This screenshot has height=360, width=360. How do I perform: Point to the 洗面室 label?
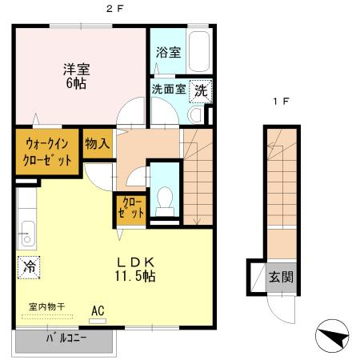[x=169, y=90]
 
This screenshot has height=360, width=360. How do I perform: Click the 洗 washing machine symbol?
[x=202, y=90]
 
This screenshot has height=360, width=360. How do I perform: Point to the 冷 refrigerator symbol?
[x=30, y=264]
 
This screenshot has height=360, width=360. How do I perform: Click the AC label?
[x=98, y=310]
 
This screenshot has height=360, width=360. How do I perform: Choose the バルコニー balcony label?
[x=66, y=338]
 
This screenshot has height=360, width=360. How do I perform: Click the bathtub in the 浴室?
[x=199, y=52]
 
